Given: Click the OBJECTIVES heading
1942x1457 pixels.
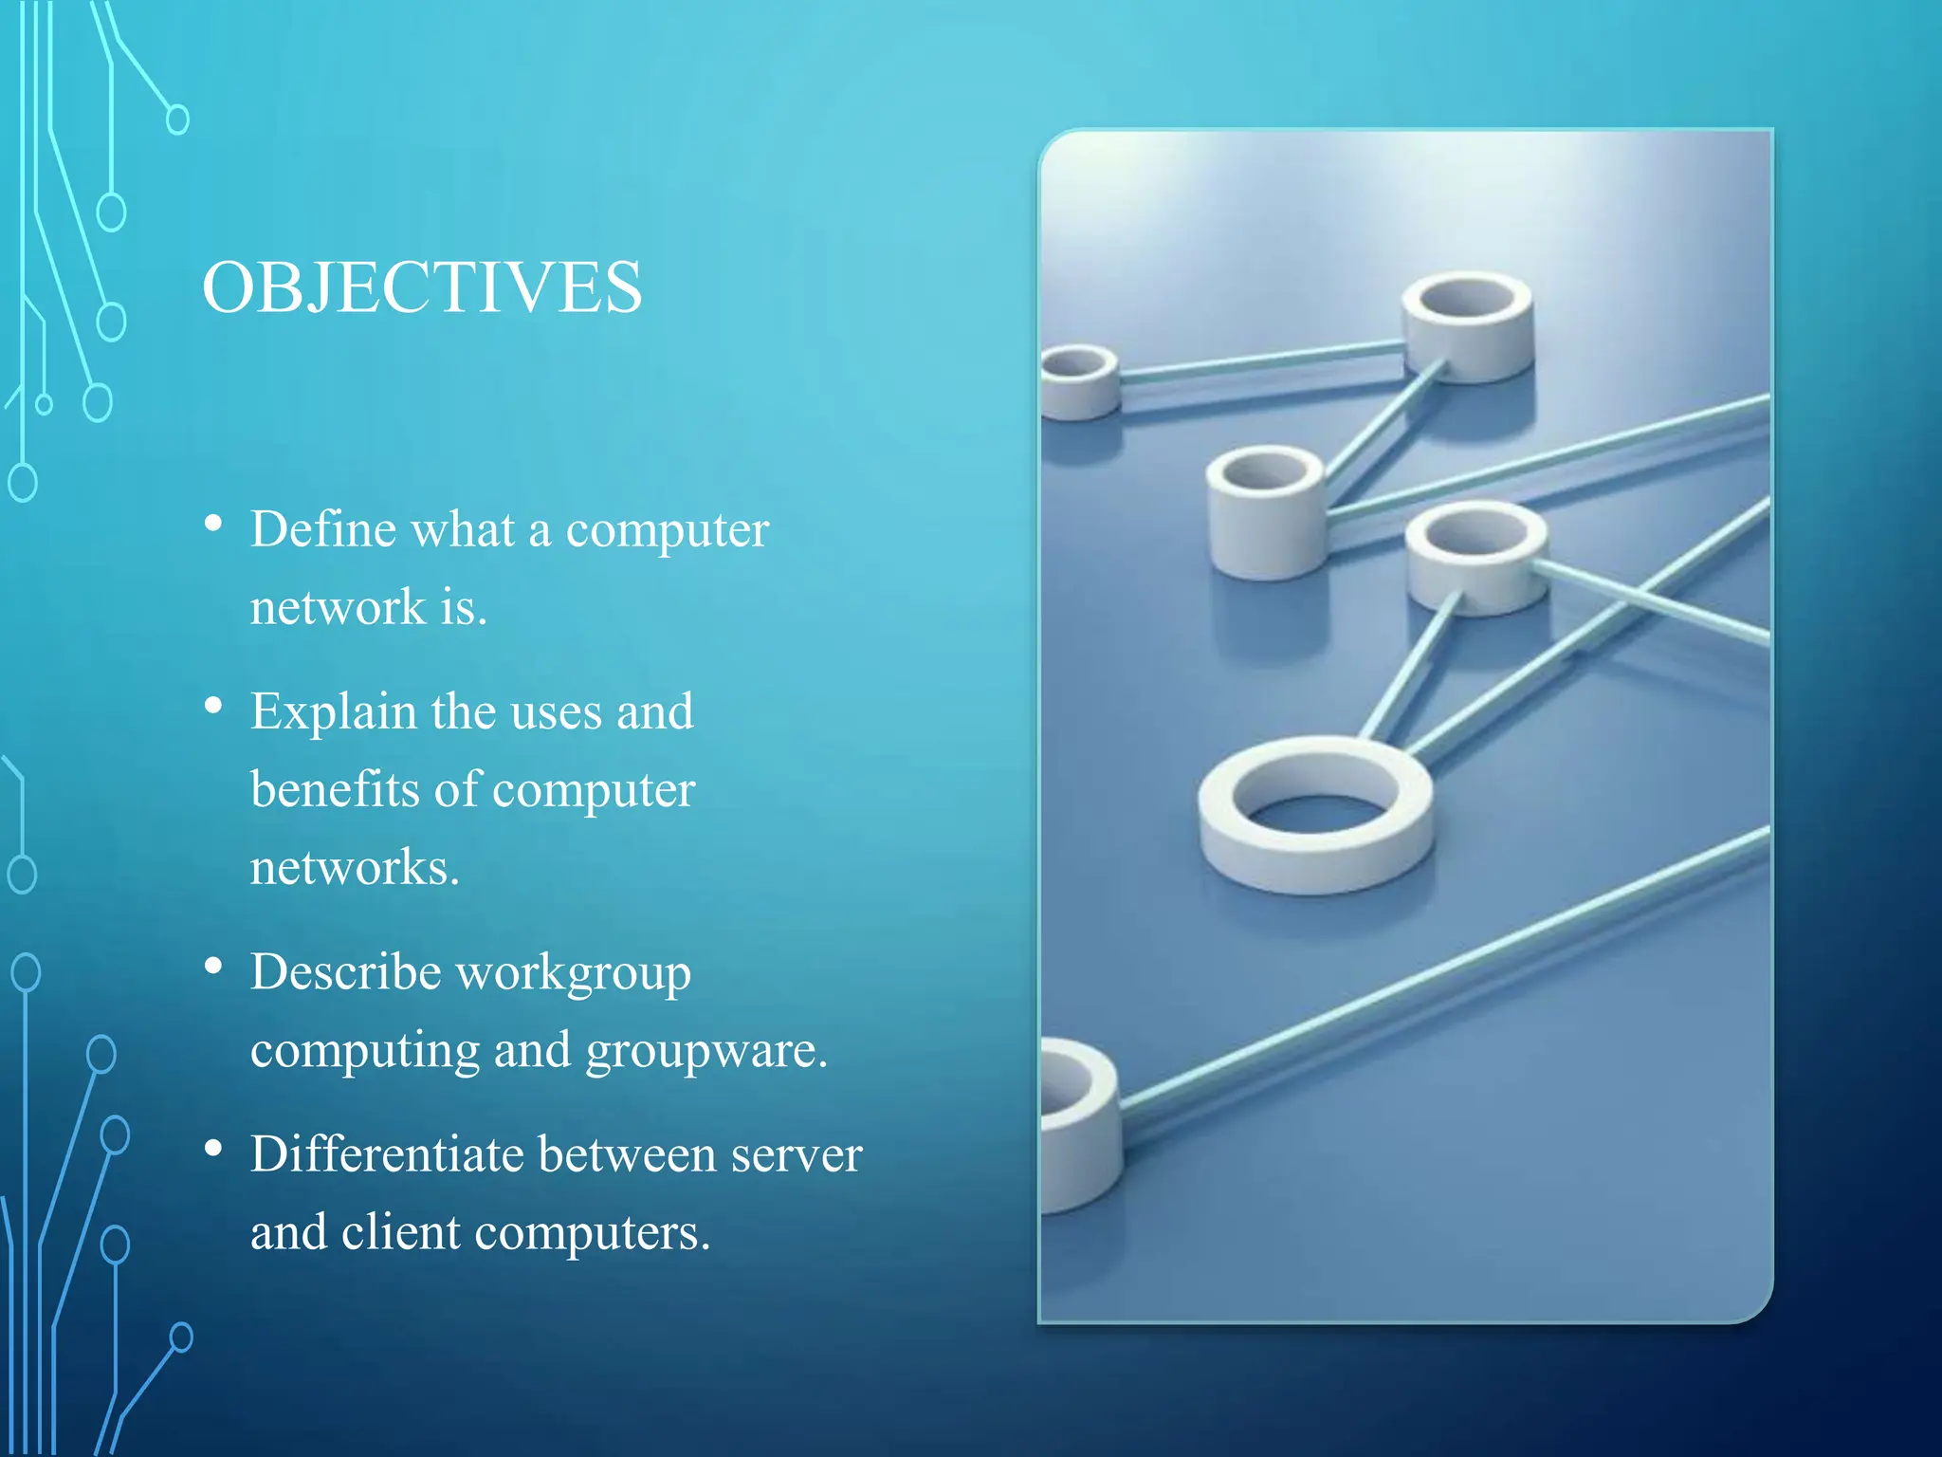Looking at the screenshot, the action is pyautogui.click(x=422, y=287).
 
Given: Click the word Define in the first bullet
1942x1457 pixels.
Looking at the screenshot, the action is pyautogui.click(x=321, y=529).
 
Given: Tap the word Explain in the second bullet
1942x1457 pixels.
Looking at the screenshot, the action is pyautogui.click(x=333, y=712).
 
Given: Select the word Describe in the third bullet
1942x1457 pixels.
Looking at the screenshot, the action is pyautogui.click(x=345, y=972).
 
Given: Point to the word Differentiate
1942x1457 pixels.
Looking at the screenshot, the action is pyautogui.click(x=387, y=1154).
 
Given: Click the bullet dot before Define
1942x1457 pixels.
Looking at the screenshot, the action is pyautogui.click(x=213, y=524).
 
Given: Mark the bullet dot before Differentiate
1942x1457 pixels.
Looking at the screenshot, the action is pyautogui.click(x=213, y=1149).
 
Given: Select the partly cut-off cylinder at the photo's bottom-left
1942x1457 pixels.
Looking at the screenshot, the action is pyautogui.click(x=1079, y=1124).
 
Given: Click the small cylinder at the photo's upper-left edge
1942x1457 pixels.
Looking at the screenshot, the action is pyautogui.click(x=1078, y=380).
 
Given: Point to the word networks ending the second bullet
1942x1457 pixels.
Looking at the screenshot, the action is pyautogui.click(x=355, y=867).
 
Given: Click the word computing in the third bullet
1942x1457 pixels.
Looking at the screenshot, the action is pyautogui.click(x=364, y=1050).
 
